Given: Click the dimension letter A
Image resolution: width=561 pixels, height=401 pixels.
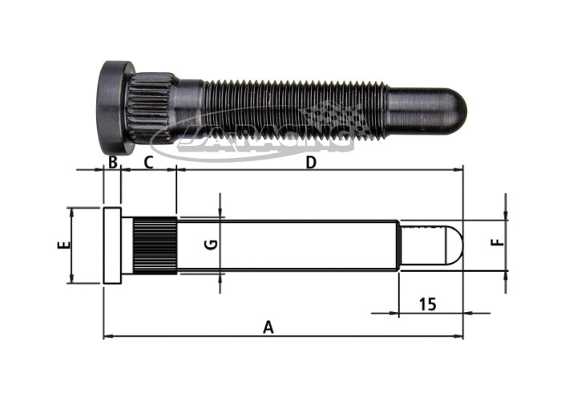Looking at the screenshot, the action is click(x=268, y=327).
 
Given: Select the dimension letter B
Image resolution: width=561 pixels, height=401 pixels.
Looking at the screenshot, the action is click(x=113, y=163).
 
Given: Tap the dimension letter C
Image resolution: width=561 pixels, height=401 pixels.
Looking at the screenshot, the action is click(x=148, y=163).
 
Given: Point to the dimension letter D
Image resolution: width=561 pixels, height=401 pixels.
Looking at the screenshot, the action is click(x=311, y=163).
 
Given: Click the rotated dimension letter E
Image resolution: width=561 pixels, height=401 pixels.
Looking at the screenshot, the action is click(x=64, y=245).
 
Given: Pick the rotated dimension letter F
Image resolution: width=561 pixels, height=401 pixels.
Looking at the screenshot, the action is click(x=498, y=243).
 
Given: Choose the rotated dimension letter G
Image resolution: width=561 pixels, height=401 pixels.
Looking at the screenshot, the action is click(x=211, y=245).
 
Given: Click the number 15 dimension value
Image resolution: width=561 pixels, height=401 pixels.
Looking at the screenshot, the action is click(x=428, y=304).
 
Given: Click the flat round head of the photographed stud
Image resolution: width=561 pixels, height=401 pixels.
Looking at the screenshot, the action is click(x=113, y=107).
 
